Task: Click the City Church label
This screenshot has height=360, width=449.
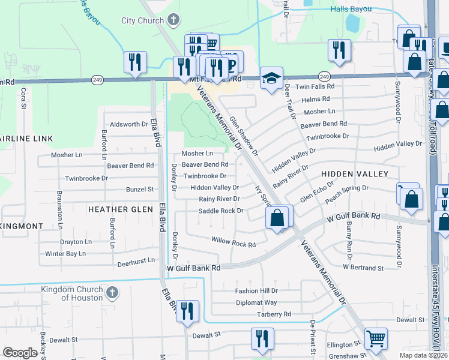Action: click(x=143, y=21)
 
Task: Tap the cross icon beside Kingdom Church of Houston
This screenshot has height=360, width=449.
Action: click(x=111, y=293)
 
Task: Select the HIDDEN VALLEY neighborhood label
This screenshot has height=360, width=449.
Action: click(x=355, y=173)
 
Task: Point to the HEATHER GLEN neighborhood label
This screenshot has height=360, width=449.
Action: click(x=121, y=209)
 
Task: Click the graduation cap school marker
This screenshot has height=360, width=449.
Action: click(x=271, y=78)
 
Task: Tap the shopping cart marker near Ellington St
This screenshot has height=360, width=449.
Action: click(x=376, y=338)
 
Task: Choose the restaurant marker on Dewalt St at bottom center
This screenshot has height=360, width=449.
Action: click(x=262, y=339)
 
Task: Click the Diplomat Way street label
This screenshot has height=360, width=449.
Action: click(x=256, y=303)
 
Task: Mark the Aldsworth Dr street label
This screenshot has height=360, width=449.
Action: click(x=128, y=124)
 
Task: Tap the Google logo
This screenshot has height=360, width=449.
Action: click(x=20, y=352)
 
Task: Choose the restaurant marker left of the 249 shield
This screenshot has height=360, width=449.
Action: click(x=135, y=62)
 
